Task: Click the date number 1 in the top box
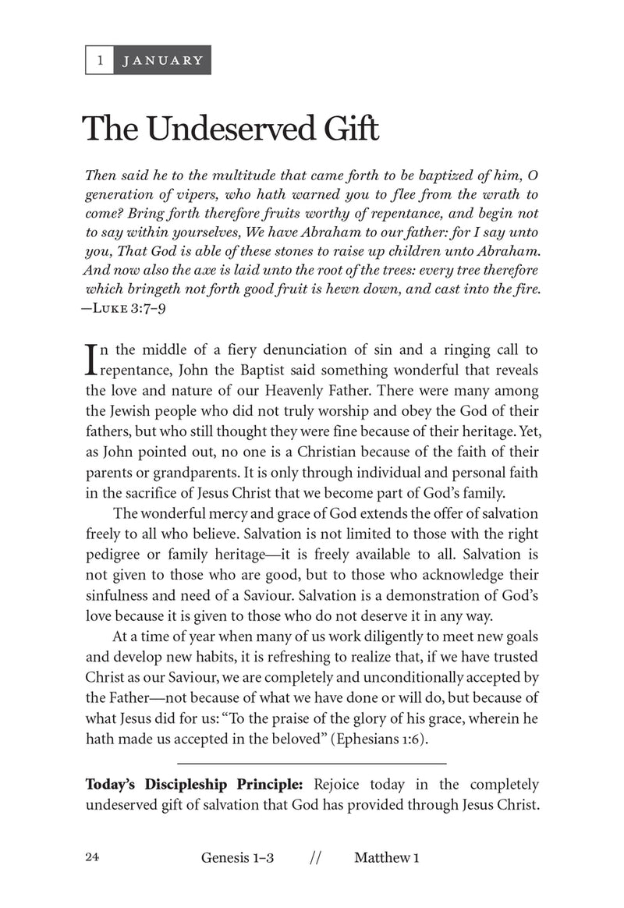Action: [x=99, y=60]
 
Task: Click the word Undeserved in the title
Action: [x=219, y=129]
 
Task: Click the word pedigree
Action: [x=115, y=555]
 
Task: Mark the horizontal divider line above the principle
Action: [x=312, y=762]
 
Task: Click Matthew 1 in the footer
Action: [x=387, y=858]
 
